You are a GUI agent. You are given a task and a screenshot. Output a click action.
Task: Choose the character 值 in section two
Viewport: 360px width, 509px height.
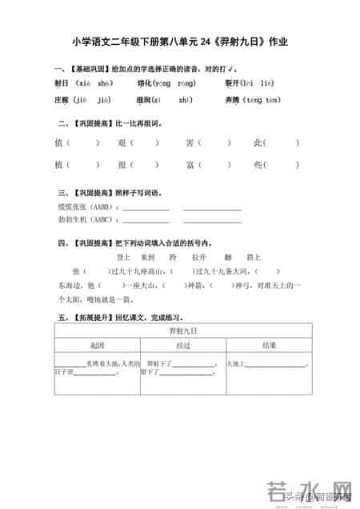pyautogui.click(x=58, y=143)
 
